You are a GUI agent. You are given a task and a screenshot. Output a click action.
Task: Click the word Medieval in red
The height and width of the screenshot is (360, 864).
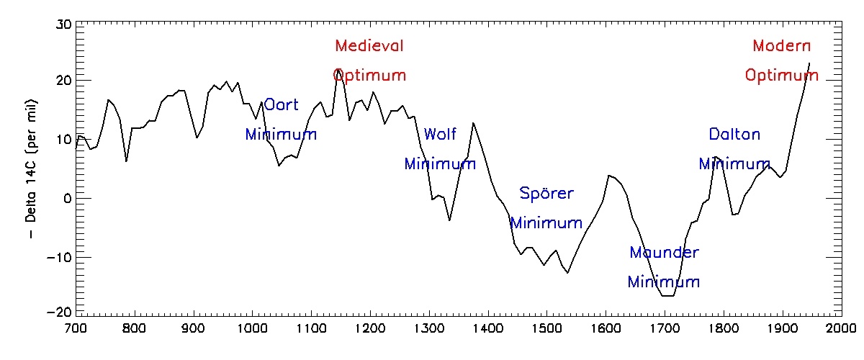pos(369,46)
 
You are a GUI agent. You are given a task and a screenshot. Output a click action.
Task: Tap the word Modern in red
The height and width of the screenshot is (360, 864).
pos(781,46)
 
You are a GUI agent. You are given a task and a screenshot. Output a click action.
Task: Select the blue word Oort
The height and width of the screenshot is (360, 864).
pos(281,105)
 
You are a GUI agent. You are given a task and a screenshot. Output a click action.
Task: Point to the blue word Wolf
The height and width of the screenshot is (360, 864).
pos(440,135)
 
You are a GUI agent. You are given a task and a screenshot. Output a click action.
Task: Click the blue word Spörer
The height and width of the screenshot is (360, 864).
pos(546,194)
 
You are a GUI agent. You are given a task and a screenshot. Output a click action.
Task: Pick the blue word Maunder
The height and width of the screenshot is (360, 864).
pos(664,253)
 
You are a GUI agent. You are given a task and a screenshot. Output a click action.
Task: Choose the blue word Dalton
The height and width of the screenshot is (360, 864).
pos(734,135)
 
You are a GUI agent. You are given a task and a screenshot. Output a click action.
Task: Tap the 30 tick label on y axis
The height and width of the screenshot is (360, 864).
pos(63,23)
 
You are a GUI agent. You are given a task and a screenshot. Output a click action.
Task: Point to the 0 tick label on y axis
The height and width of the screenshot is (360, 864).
pos(67,198)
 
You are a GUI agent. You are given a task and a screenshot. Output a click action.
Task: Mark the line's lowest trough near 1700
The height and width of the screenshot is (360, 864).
pos(667,296)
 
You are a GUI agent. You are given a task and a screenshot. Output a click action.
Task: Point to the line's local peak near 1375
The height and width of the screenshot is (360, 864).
pos(473,123)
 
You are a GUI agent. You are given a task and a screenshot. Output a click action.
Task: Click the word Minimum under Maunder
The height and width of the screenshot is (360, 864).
pos(663,282)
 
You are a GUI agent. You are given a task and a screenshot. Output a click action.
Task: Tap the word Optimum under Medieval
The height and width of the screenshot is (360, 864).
pos(369,76)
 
